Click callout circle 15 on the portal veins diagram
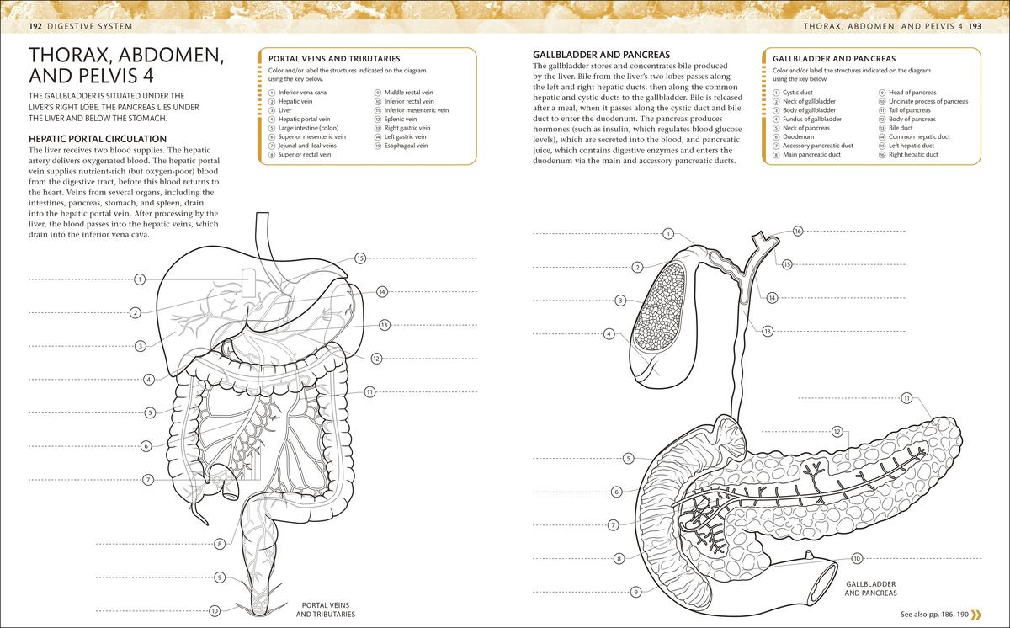tap(360, 258)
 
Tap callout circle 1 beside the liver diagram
tap(140, 279)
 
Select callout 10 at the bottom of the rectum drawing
tap(215, 611)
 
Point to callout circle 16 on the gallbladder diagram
tap(798, 232)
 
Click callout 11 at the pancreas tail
tap(906, 398)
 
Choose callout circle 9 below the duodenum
tap(635, 592)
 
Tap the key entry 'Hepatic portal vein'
tap(304, 119)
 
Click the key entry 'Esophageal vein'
tap(406, 146)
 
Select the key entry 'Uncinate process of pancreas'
tap(928, 101)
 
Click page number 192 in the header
tap(35, 26)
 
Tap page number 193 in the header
tap(975, 26)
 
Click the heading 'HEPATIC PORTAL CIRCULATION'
tap(98, 139)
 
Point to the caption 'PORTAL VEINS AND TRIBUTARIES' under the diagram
tap(326, 609)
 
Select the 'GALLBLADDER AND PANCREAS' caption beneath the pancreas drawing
tap(870, 588)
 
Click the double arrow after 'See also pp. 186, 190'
tap(976, 614)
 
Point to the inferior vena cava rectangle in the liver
tap(248, 283)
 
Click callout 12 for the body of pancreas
tap(837, 432)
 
